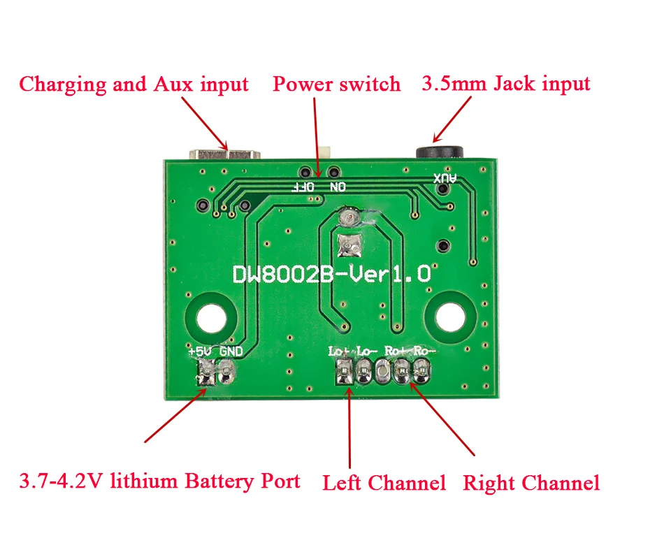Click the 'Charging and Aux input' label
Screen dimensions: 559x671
134,85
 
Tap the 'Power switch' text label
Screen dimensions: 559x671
336,85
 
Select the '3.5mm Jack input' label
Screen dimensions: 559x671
506,84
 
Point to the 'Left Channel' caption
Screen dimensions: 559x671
384,483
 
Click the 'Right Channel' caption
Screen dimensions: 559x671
531,483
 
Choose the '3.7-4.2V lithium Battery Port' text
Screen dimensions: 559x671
159,481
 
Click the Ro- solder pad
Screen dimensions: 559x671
421,372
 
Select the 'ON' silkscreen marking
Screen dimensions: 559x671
338,187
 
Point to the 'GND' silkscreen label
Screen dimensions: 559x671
231,351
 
